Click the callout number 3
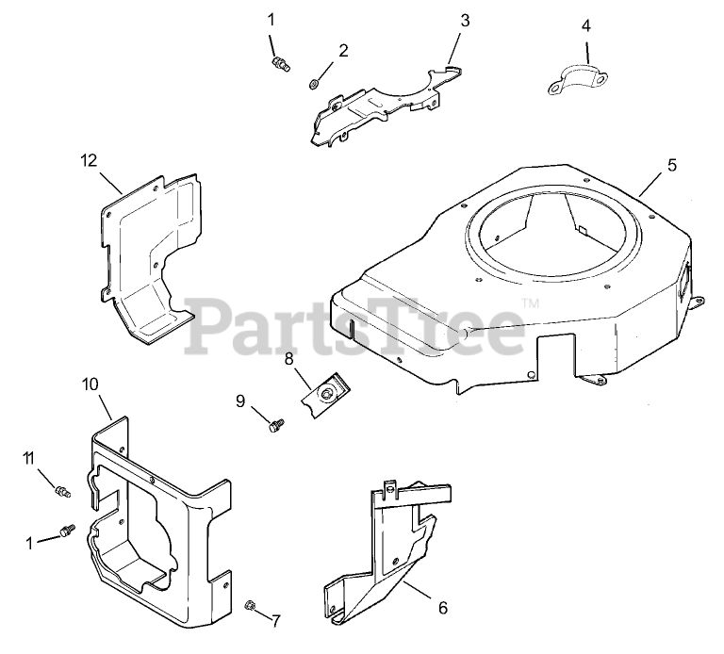(465, 19)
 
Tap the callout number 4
(586, 25)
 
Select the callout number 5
(671, 165)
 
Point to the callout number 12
(89, 160)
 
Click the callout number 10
(90, 384)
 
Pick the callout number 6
(443, 608)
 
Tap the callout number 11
(30, 458)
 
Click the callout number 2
(342, 50)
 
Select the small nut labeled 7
(251, 605)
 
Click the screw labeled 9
(274, 427)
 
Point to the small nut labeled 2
(313, 85)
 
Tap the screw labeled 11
(62, 490)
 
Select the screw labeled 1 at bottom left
(67, 531)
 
